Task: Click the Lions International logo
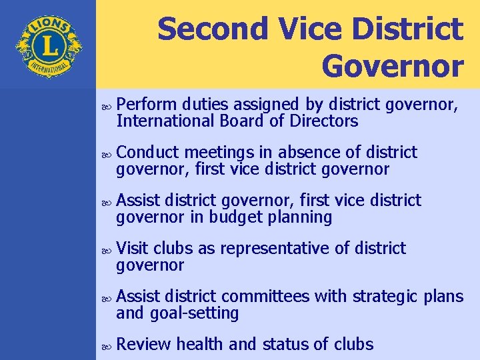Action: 48,46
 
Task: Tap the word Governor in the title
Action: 392,65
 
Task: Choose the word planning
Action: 301,217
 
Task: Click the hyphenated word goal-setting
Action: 195,313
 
